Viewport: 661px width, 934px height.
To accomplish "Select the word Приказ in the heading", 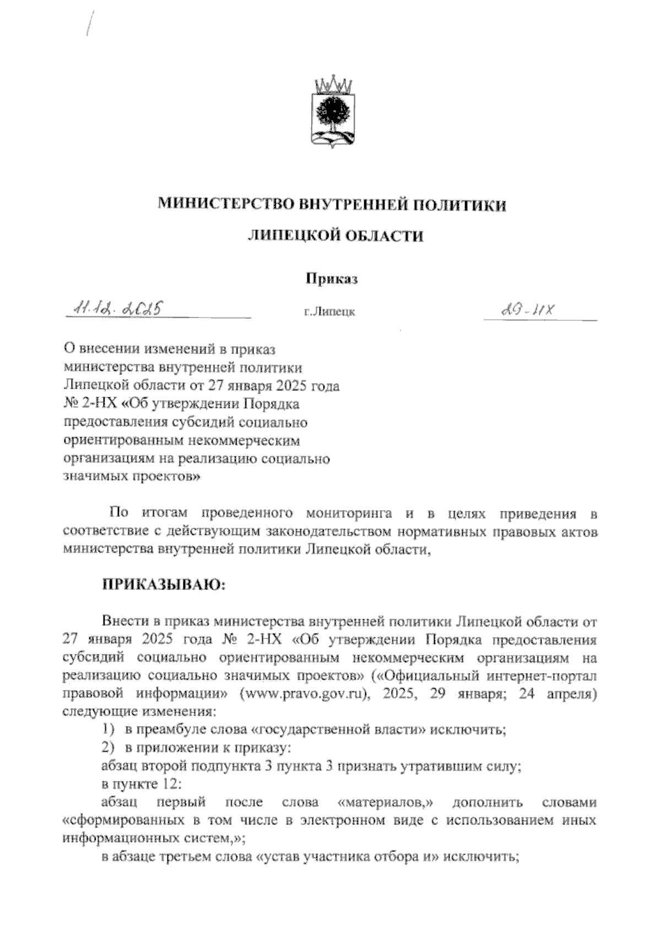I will [332, 279].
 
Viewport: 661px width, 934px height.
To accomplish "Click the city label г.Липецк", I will [330, 313].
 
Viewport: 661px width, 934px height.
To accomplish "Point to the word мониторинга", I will [350, 514].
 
